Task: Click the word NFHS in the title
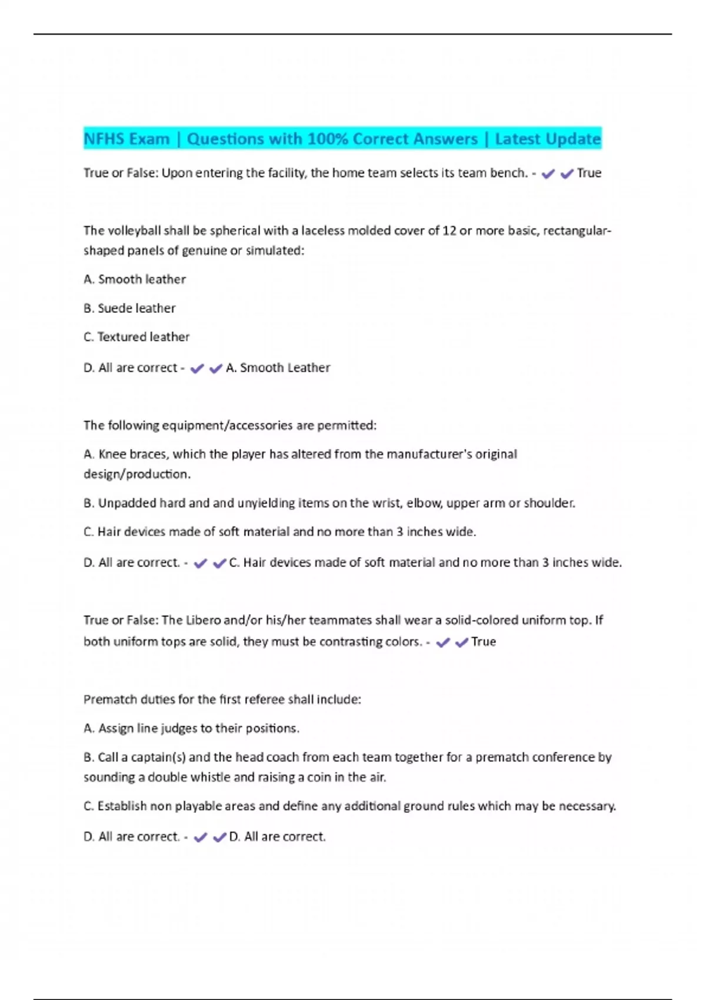coord(104,139)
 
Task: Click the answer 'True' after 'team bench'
coord(589,173)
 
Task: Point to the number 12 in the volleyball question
coord(449,231)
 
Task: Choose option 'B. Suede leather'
coord(129,308)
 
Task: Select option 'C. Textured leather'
coord(136,337)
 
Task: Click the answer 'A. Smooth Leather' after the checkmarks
coord(278,368)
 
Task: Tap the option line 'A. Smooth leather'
coord(135,279)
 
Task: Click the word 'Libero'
coord(203,620)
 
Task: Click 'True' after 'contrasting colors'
coord(484,642)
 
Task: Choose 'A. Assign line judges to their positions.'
coord(191,728)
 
